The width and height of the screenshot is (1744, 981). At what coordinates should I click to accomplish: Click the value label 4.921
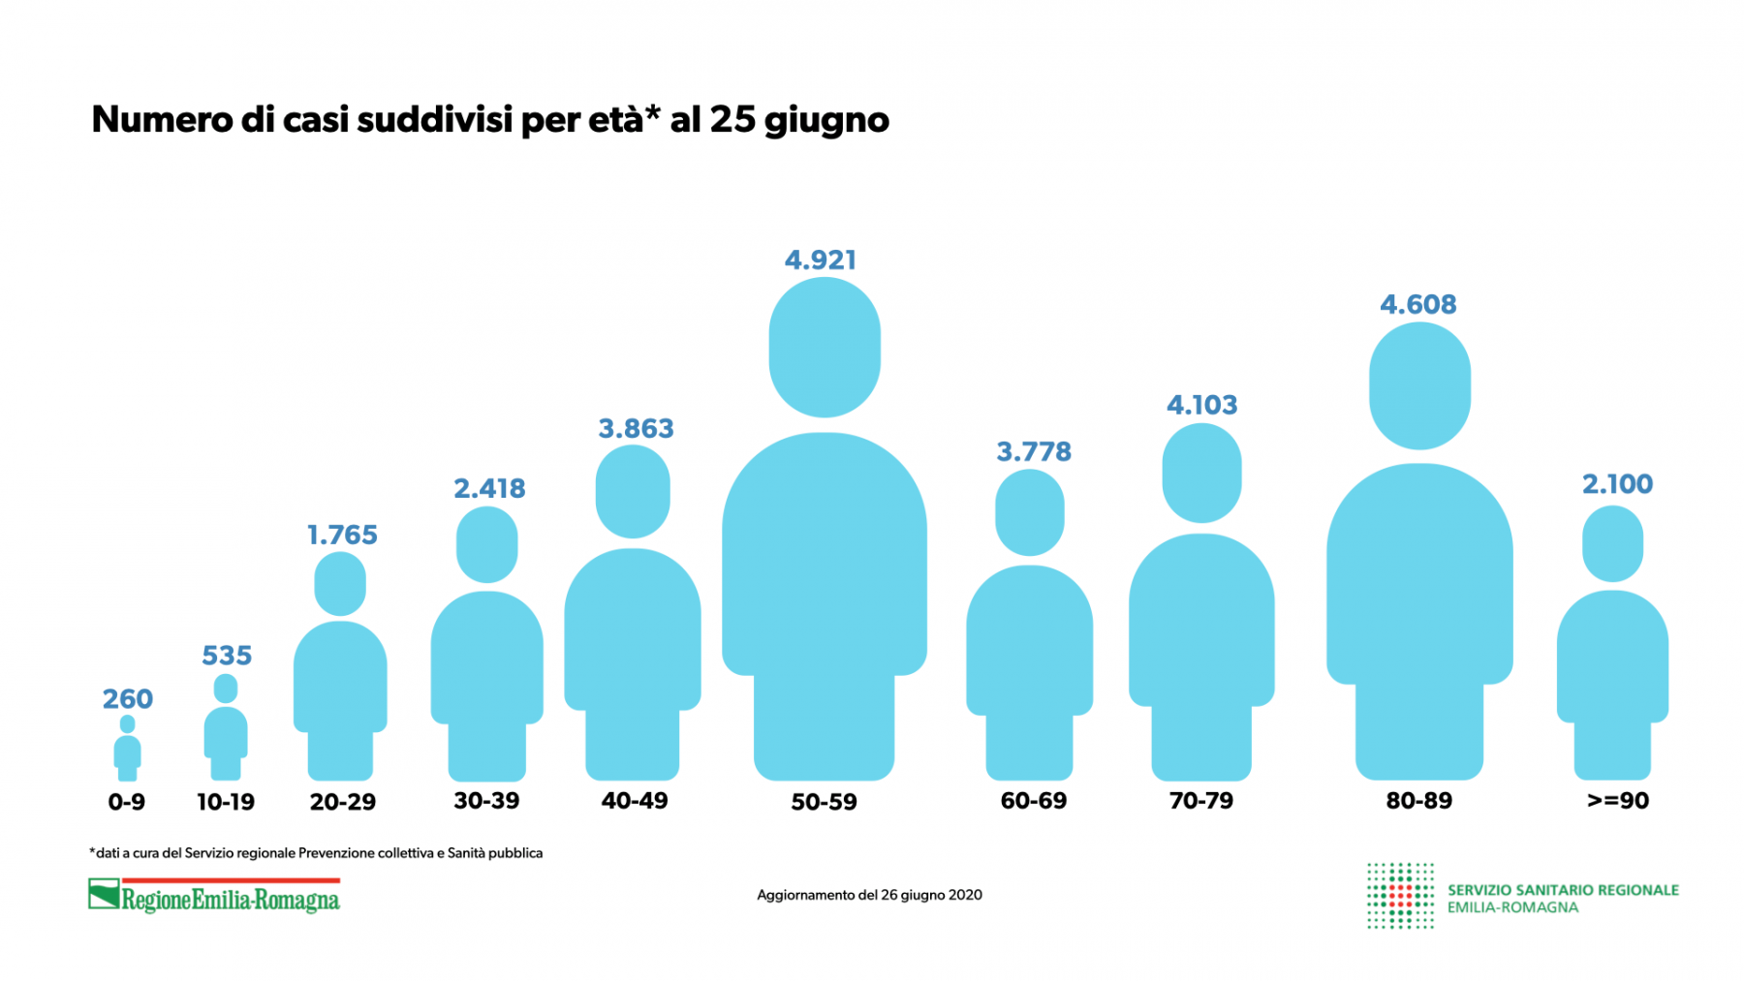[821, 260]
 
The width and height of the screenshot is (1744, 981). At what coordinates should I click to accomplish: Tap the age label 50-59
[824, 802]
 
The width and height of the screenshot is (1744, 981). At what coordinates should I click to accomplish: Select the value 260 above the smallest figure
[128, 698]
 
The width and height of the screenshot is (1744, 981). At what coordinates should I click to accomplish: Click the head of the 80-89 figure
[1419, 385]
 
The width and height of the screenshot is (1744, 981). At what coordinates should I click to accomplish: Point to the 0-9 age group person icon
[127, 750]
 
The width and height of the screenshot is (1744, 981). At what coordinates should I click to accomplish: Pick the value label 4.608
[1417, 304]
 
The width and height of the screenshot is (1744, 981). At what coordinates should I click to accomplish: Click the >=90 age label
[1617, 801]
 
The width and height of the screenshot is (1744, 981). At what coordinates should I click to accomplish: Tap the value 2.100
[1617, 483]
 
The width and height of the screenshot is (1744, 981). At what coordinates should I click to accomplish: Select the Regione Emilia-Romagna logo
[214, 896]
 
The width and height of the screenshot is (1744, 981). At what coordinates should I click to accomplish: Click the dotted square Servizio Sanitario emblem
[1399, 896]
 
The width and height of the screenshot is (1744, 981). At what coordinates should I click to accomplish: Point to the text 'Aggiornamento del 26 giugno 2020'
[869, 895]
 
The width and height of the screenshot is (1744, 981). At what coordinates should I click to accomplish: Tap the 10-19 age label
[226, 802]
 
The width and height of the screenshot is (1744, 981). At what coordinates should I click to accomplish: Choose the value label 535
[227, 656]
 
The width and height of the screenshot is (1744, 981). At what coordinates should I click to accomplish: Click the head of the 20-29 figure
[340, 584]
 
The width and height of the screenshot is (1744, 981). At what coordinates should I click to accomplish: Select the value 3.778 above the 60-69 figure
[1034, 451]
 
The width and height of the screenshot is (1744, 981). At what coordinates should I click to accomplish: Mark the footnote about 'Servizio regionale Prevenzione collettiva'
[316, 853]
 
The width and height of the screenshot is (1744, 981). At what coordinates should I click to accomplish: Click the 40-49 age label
[635, 801]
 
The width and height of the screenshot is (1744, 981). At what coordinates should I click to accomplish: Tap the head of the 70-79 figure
[1201, 473]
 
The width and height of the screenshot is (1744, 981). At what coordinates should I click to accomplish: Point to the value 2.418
[489, 488]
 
